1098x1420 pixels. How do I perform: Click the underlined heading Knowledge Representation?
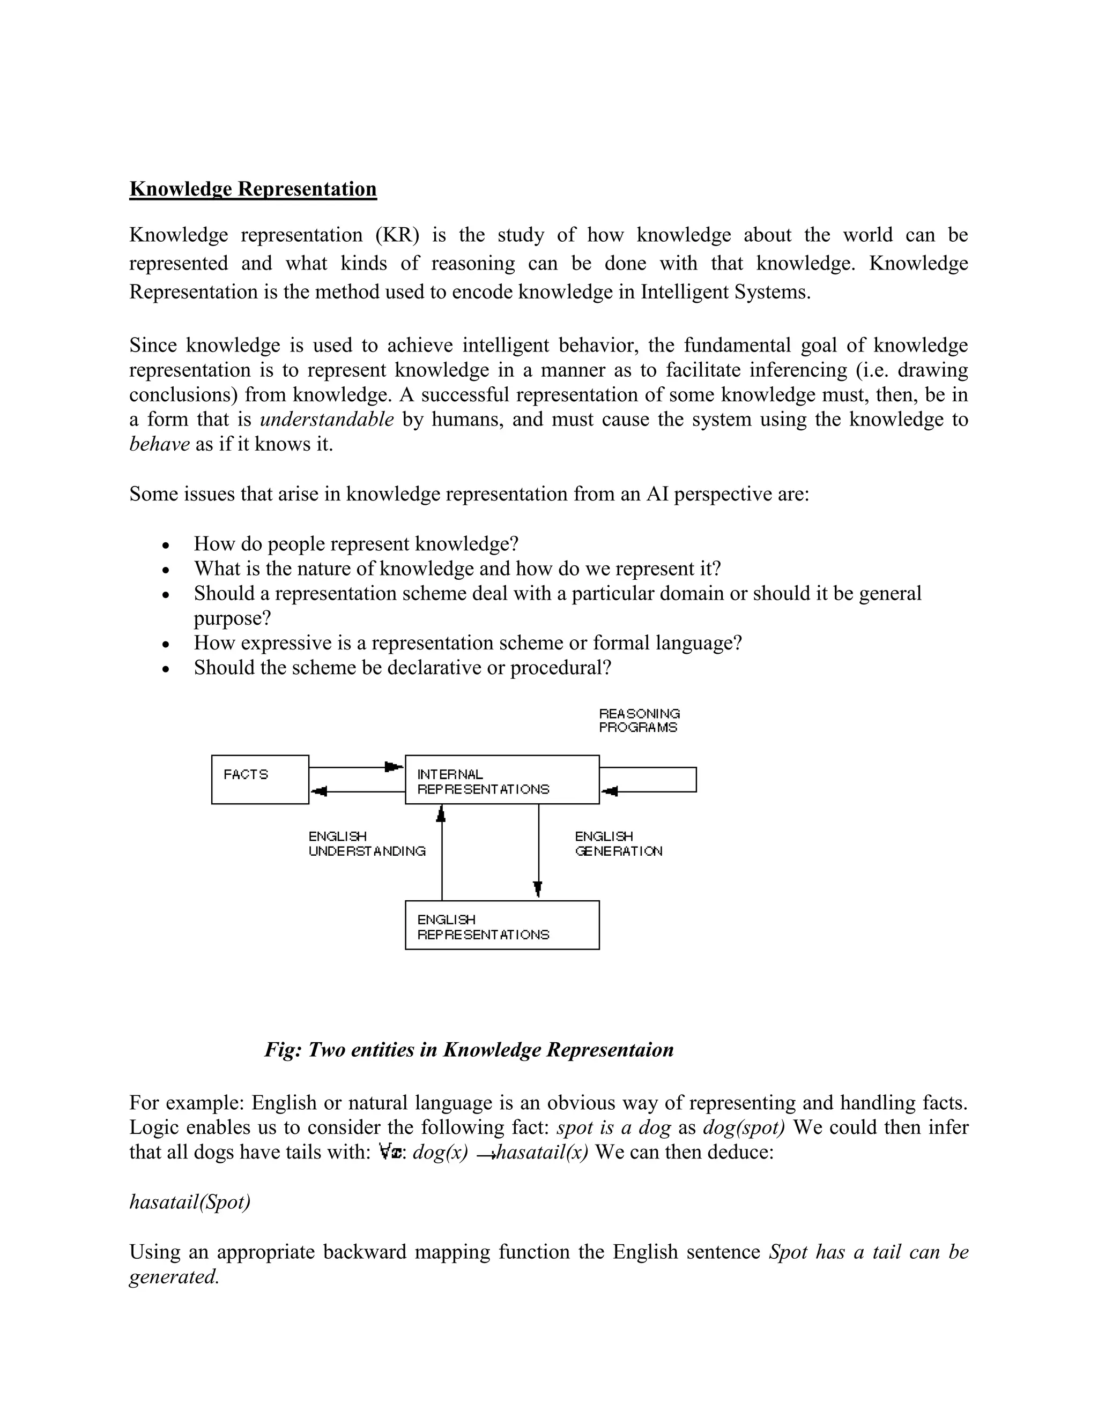tap(253, 189)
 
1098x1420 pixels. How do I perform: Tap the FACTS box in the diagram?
tap(259, 779)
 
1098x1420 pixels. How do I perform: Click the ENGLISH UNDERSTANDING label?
tap(366, 843)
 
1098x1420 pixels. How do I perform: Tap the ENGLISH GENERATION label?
tap(618, 843)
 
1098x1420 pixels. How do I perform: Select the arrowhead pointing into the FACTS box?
tap(320, 791)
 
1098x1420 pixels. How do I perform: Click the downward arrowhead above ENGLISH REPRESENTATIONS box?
tap(538, 888)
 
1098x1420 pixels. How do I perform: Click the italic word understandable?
tap(327, 420)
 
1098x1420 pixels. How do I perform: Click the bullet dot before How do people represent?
tap(166, 545)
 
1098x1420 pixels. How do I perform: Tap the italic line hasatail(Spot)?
tap(190, 1202)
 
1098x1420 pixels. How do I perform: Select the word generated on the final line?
tap(173, 1276)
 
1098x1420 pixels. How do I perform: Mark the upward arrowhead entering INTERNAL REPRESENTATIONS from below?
tap(442, 813)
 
